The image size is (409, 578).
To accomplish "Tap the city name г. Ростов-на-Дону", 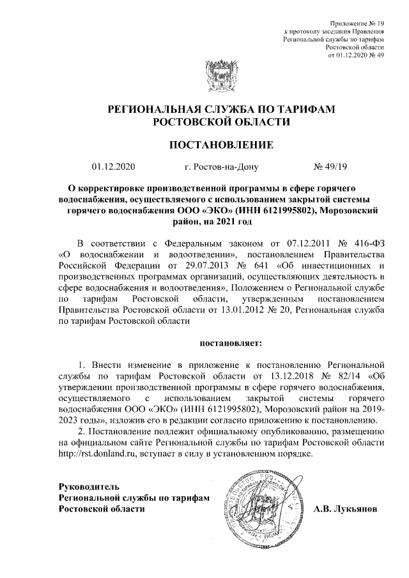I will tap(220, 168).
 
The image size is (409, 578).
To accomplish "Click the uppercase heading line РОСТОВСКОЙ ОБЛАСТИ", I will tap(212, 121).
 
